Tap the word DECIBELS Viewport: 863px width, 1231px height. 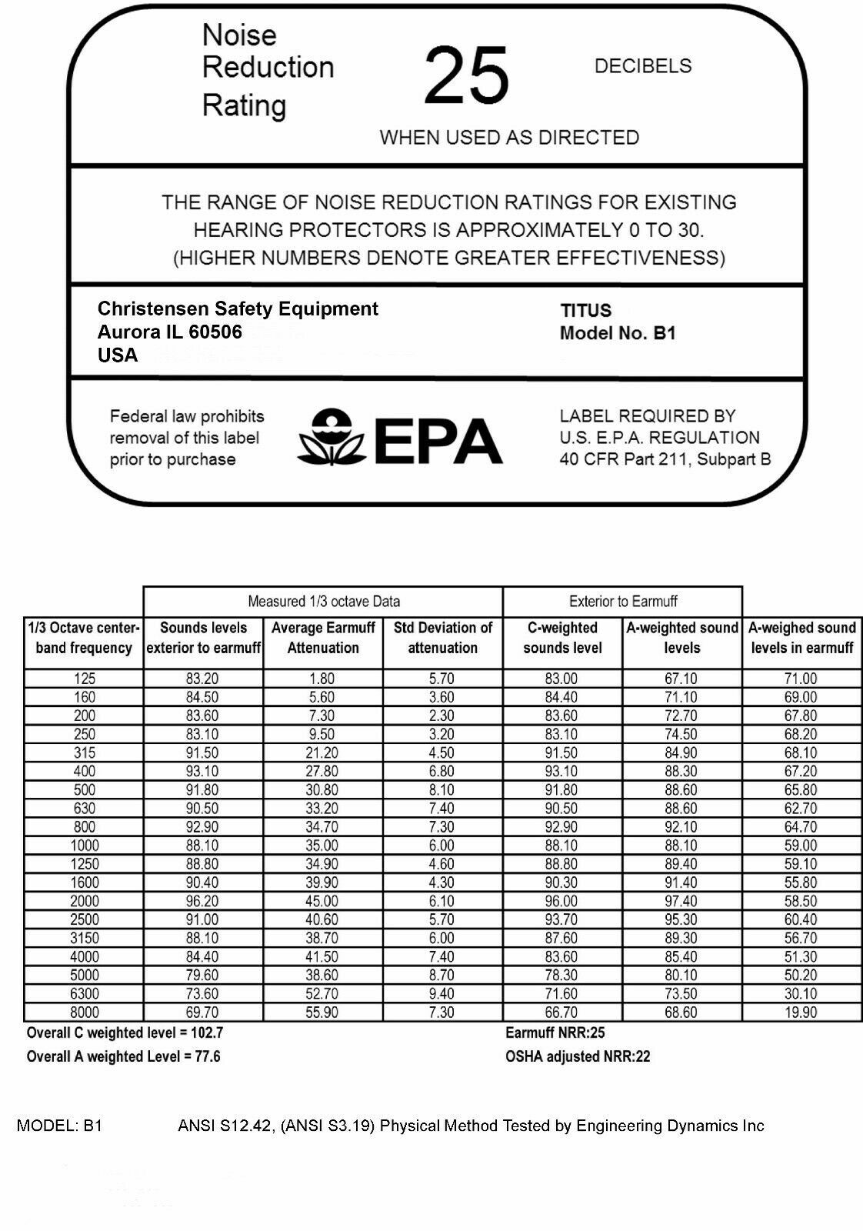643,66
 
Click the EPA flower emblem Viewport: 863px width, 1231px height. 331,438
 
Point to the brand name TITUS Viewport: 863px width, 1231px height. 586,311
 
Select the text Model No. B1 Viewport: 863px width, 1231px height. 618,334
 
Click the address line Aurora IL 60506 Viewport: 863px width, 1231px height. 169,332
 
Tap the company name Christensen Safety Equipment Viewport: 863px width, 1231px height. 238,309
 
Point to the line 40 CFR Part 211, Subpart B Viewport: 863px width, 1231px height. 665,459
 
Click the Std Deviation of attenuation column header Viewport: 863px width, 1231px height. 442,638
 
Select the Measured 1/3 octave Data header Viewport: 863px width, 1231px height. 323,602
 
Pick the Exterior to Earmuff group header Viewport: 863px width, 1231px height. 623,602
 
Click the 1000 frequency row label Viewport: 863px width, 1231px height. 84,846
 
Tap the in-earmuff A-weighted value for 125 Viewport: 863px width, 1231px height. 801,679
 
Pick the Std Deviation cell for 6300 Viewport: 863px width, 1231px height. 441,994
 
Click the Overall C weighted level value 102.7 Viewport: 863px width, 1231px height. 208,1033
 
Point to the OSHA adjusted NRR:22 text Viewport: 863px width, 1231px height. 578,1057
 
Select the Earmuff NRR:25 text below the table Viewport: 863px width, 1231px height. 555,1033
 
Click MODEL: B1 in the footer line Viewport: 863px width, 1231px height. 59,1126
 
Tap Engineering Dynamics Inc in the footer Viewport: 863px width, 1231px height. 670,1126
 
